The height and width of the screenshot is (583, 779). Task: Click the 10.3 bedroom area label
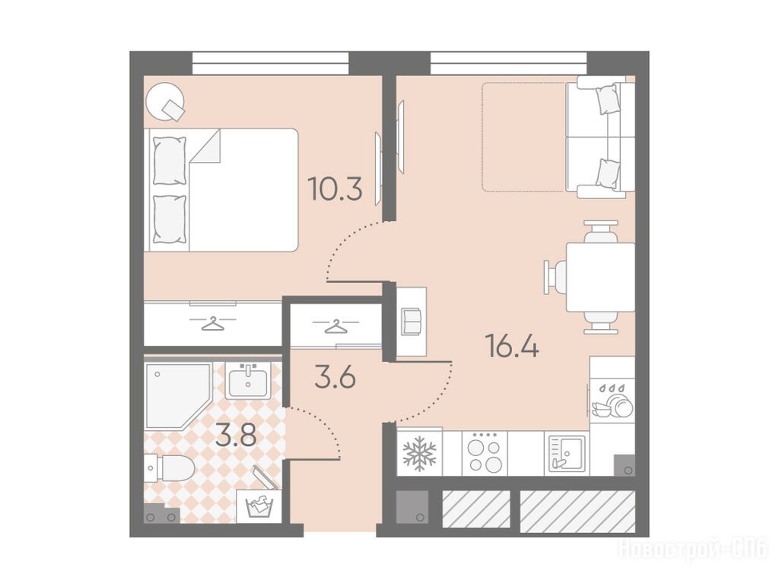point(335,189)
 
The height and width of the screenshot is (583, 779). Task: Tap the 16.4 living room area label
point(514,346)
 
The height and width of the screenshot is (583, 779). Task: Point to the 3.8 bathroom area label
point(236,436)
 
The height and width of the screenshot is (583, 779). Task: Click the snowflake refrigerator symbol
point(419,453)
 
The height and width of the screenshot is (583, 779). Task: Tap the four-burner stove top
point(485,453)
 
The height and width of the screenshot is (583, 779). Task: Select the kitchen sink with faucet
point(567,453)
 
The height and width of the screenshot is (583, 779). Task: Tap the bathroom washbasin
point(248,380)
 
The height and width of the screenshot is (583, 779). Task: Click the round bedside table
point(166,101)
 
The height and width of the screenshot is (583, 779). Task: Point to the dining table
point(600,277)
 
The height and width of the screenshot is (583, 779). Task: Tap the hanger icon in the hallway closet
point(335,326)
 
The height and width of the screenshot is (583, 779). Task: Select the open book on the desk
point(412,322)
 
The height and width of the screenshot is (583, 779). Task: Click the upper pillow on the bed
point(170,160)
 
